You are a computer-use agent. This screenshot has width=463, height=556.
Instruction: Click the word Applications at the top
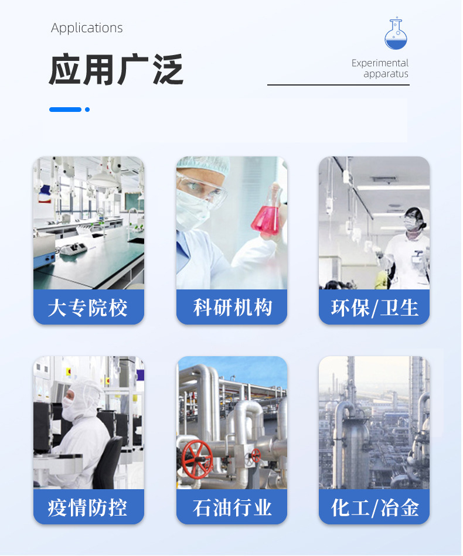tap(87, 28)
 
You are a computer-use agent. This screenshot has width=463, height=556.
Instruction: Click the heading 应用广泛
tap(116, 70)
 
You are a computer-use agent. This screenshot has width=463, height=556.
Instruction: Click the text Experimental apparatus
tap(380, 69)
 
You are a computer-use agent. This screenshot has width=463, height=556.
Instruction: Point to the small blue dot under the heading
tap(87, 110)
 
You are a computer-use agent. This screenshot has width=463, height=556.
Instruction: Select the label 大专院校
tap(88, 308)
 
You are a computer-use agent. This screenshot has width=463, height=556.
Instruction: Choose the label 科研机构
tap(232, 308)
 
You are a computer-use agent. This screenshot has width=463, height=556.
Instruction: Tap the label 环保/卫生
tap(375, 308)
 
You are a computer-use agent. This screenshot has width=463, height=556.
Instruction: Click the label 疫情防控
tap(88, 507)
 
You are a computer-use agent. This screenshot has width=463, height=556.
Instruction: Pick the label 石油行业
tap(232, 507)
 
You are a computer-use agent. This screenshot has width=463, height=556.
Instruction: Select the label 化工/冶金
tap(375, 507)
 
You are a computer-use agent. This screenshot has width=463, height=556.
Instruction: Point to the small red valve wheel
tap(256, 455)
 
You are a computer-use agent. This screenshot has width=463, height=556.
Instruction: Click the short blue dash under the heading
tap(65, 110)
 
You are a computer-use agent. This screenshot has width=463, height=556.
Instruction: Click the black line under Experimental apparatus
tap(338, 85)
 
